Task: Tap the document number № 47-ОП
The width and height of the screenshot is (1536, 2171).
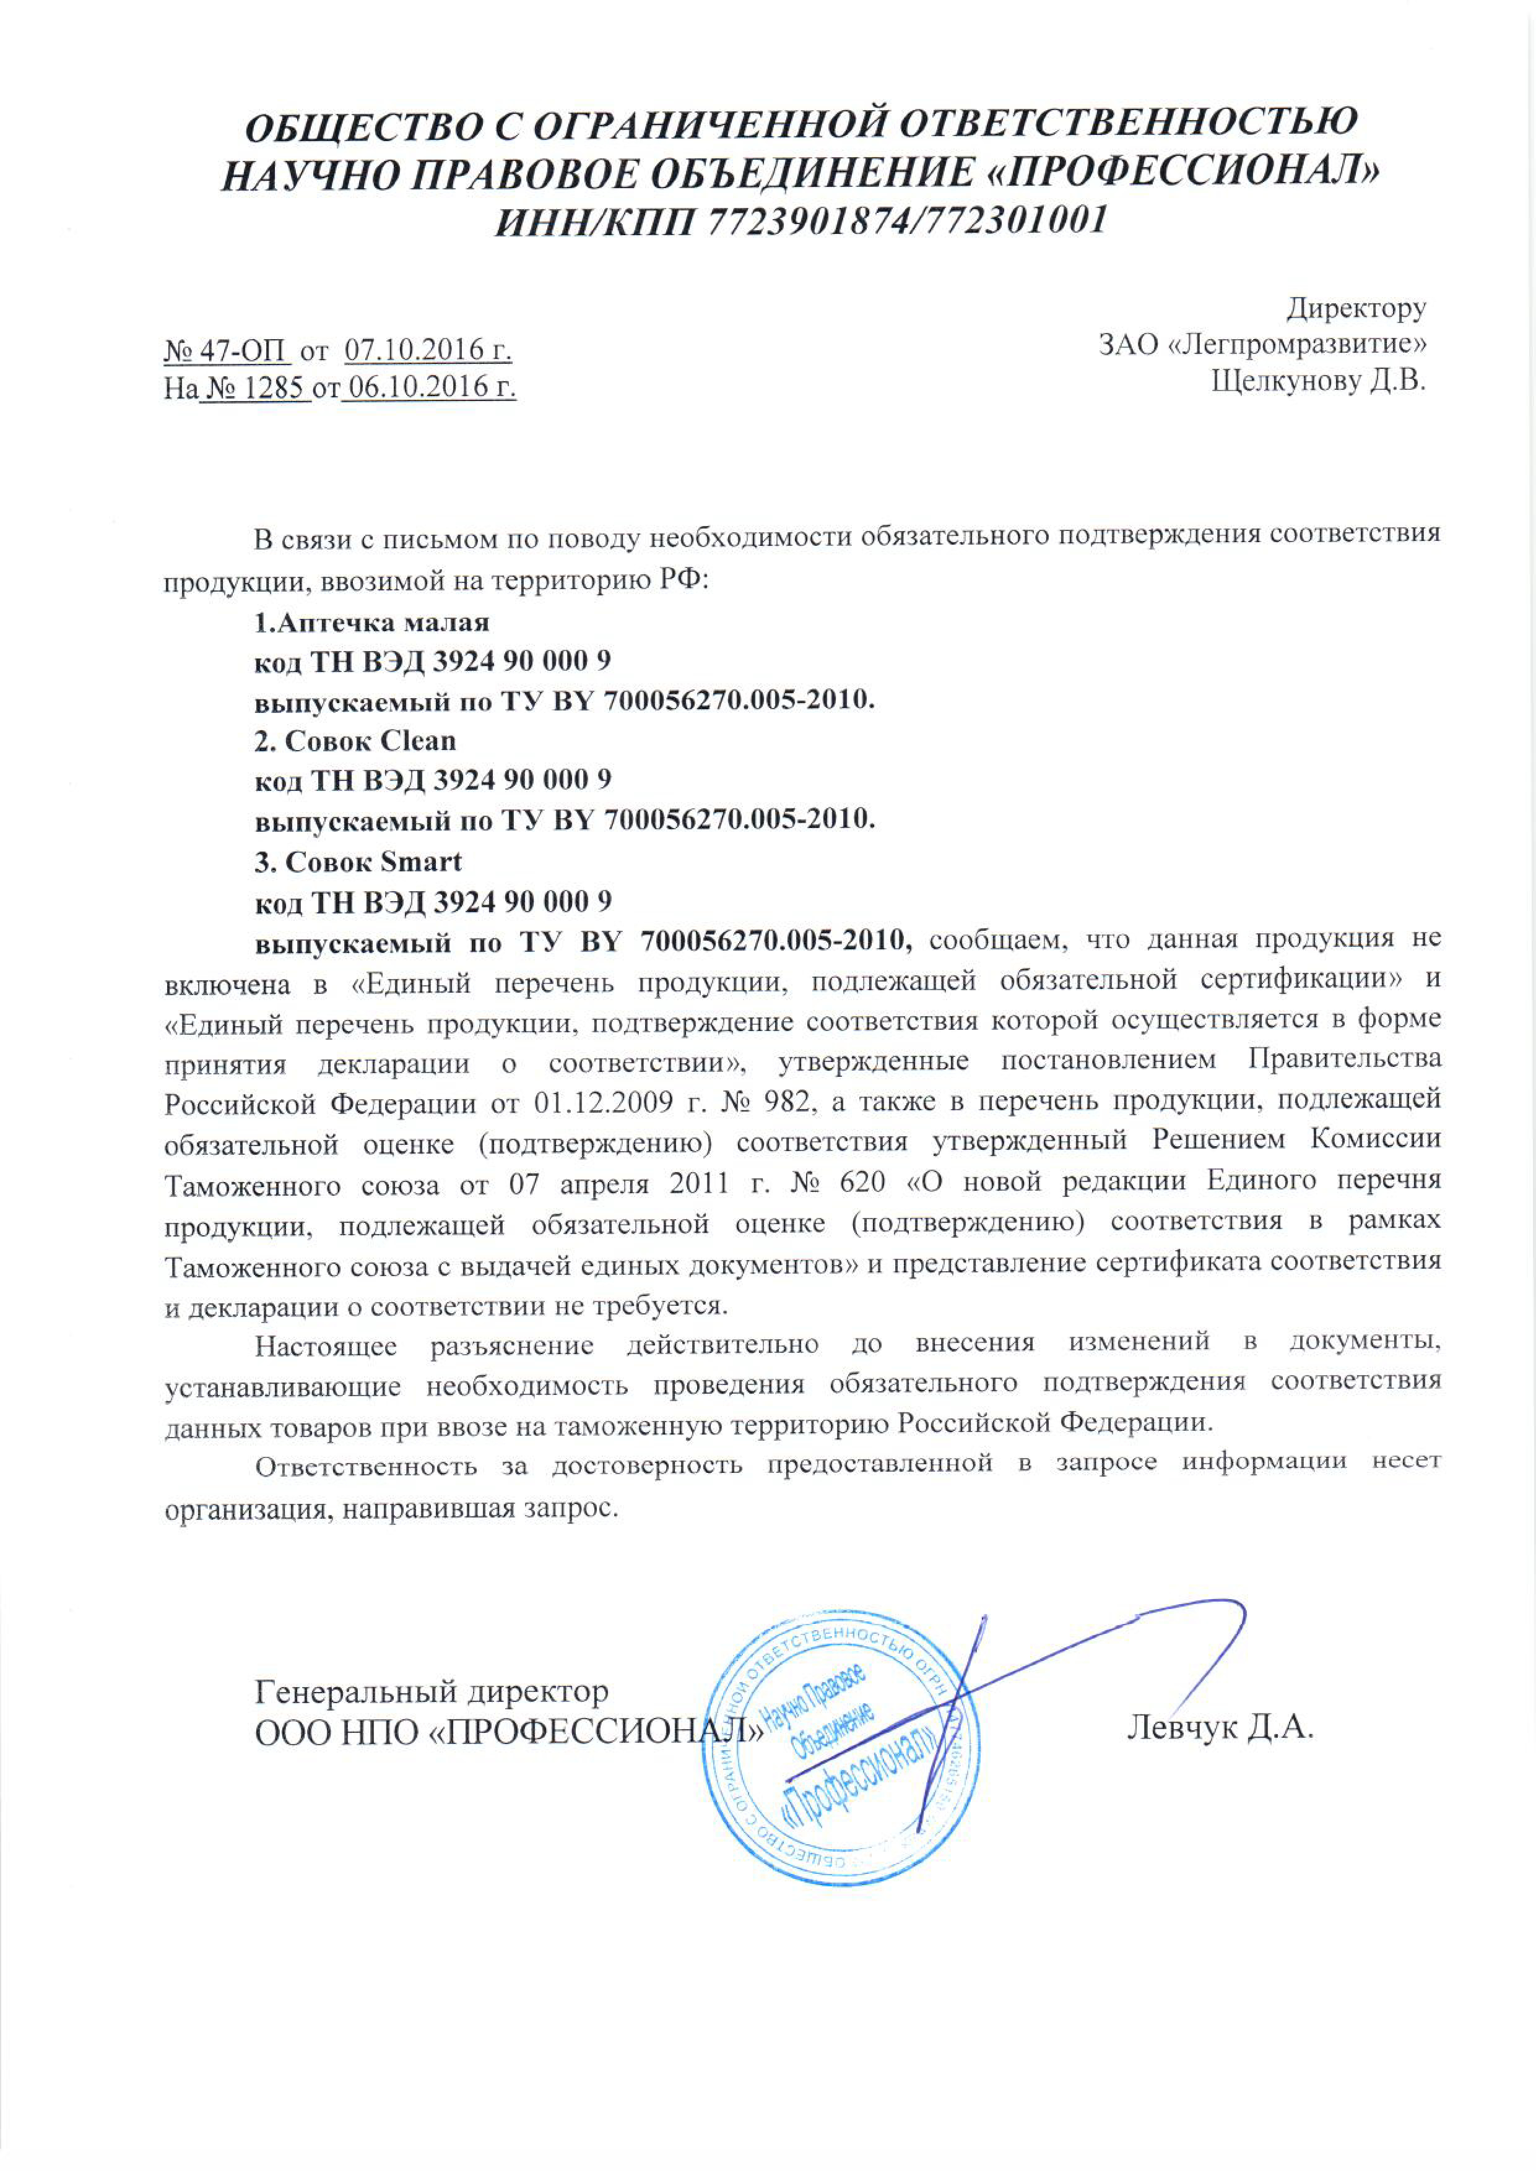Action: pos(227,352)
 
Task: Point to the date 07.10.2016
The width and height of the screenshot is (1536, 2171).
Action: pos(428,352)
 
